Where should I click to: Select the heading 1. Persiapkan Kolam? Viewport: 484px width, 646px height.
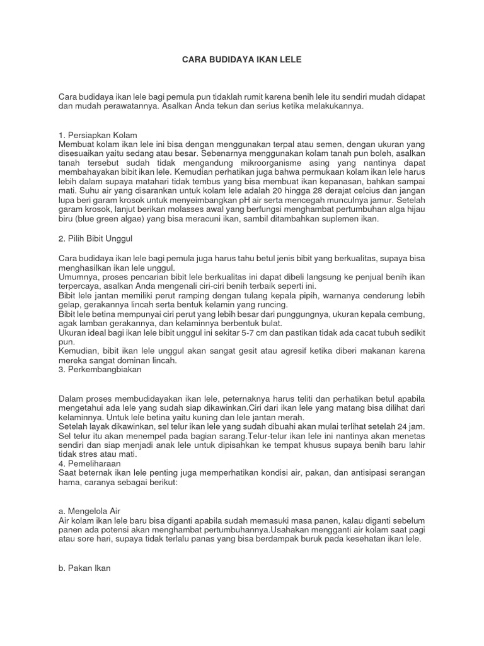pos(98,136)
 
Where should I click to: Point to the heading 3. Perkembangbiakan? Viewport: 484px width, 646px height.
pos(100,370)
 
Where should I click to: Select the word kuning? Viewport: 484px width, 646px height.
pos(189,418)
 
